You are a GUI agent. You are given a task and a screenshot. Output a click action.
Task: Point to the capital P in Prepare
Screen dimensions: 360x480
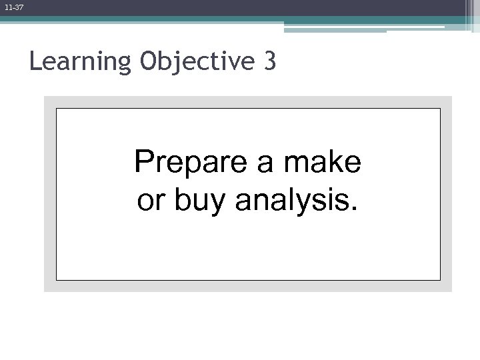click(142, 162)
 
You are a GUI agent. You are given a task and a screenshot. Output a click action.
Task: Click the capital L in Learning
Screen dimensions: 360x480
click(35, 61)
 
